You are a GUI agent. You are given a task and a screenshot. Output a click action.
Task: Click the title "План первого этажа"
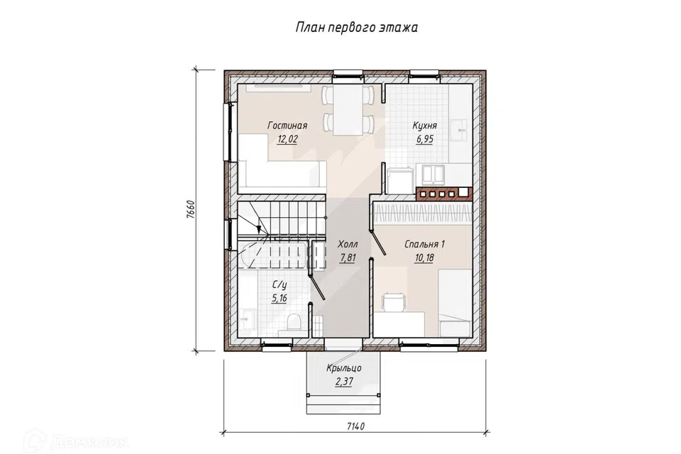coord(357,28)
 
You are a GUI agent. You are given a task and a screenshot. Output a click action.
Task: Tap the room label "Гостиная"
coord(287,126)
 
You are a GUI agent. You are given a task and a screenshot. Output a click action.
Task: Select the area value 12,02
coord(287,139)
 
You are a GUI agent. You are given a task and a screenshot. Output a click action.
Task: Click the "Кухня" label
coord(424,126)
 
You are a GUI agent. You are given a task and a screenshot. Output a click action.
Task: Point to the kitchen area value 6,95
coord(425,139)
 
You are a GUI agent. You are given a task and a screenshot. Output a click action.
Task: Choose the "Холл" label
coord(348,244)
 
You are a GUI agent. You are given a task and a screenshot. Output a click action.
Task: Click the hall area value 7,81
coord(348,258)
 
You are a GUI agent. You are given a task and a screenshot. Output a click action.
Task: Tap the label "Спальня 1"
coord(424,244)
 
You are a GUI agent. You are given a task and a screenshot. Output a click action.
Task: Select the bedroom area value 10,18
coord(424,258)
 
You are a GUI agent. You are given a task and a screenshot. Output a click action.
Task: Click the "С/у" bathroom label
coord(279,285)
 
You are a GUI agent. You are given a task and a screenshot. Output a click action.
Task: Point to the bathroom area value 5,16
coord(279,299)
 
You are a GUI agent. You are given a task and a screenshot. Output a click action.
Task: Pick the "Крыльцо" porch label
coord(344,368)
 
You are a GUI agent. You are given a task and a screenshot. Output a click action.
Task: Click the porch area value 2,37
coord(344,382)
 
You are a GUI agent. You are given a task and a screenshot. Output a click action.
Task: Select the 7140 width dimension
coord(355,426)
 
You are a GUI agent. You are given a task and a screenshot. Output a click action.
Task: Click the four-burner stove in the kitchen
coord(437,194)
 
